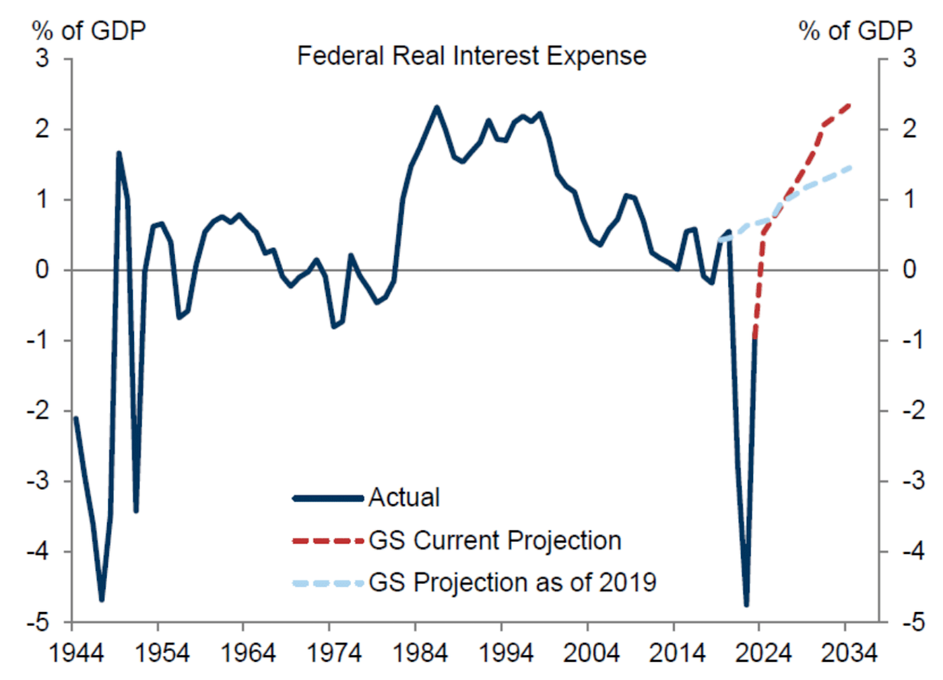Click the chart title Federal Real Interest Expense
coord(471,56)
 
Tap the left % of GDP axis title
coord(88,30)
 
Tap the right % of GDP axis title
coord(855,30)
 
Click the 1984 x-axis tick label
coord(420,652)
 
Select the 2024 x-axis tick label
coord(763,652)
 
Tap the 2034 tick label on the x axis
coord(849,652)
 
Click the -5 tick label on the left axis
coord(39,622)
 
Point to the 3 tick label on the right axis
coord(909,59)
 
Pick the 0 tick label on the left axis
coord(42,270)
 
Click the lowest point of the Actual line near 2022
coord(746,604)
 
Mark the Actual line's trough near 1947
coord(102,599)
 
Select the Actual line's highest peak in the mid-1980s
coord(436,107)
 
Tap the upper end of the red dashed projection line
coord(849,105)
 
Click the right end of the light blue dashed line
coord(851,167)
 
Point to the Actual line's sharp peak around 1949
coord(119,154)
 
